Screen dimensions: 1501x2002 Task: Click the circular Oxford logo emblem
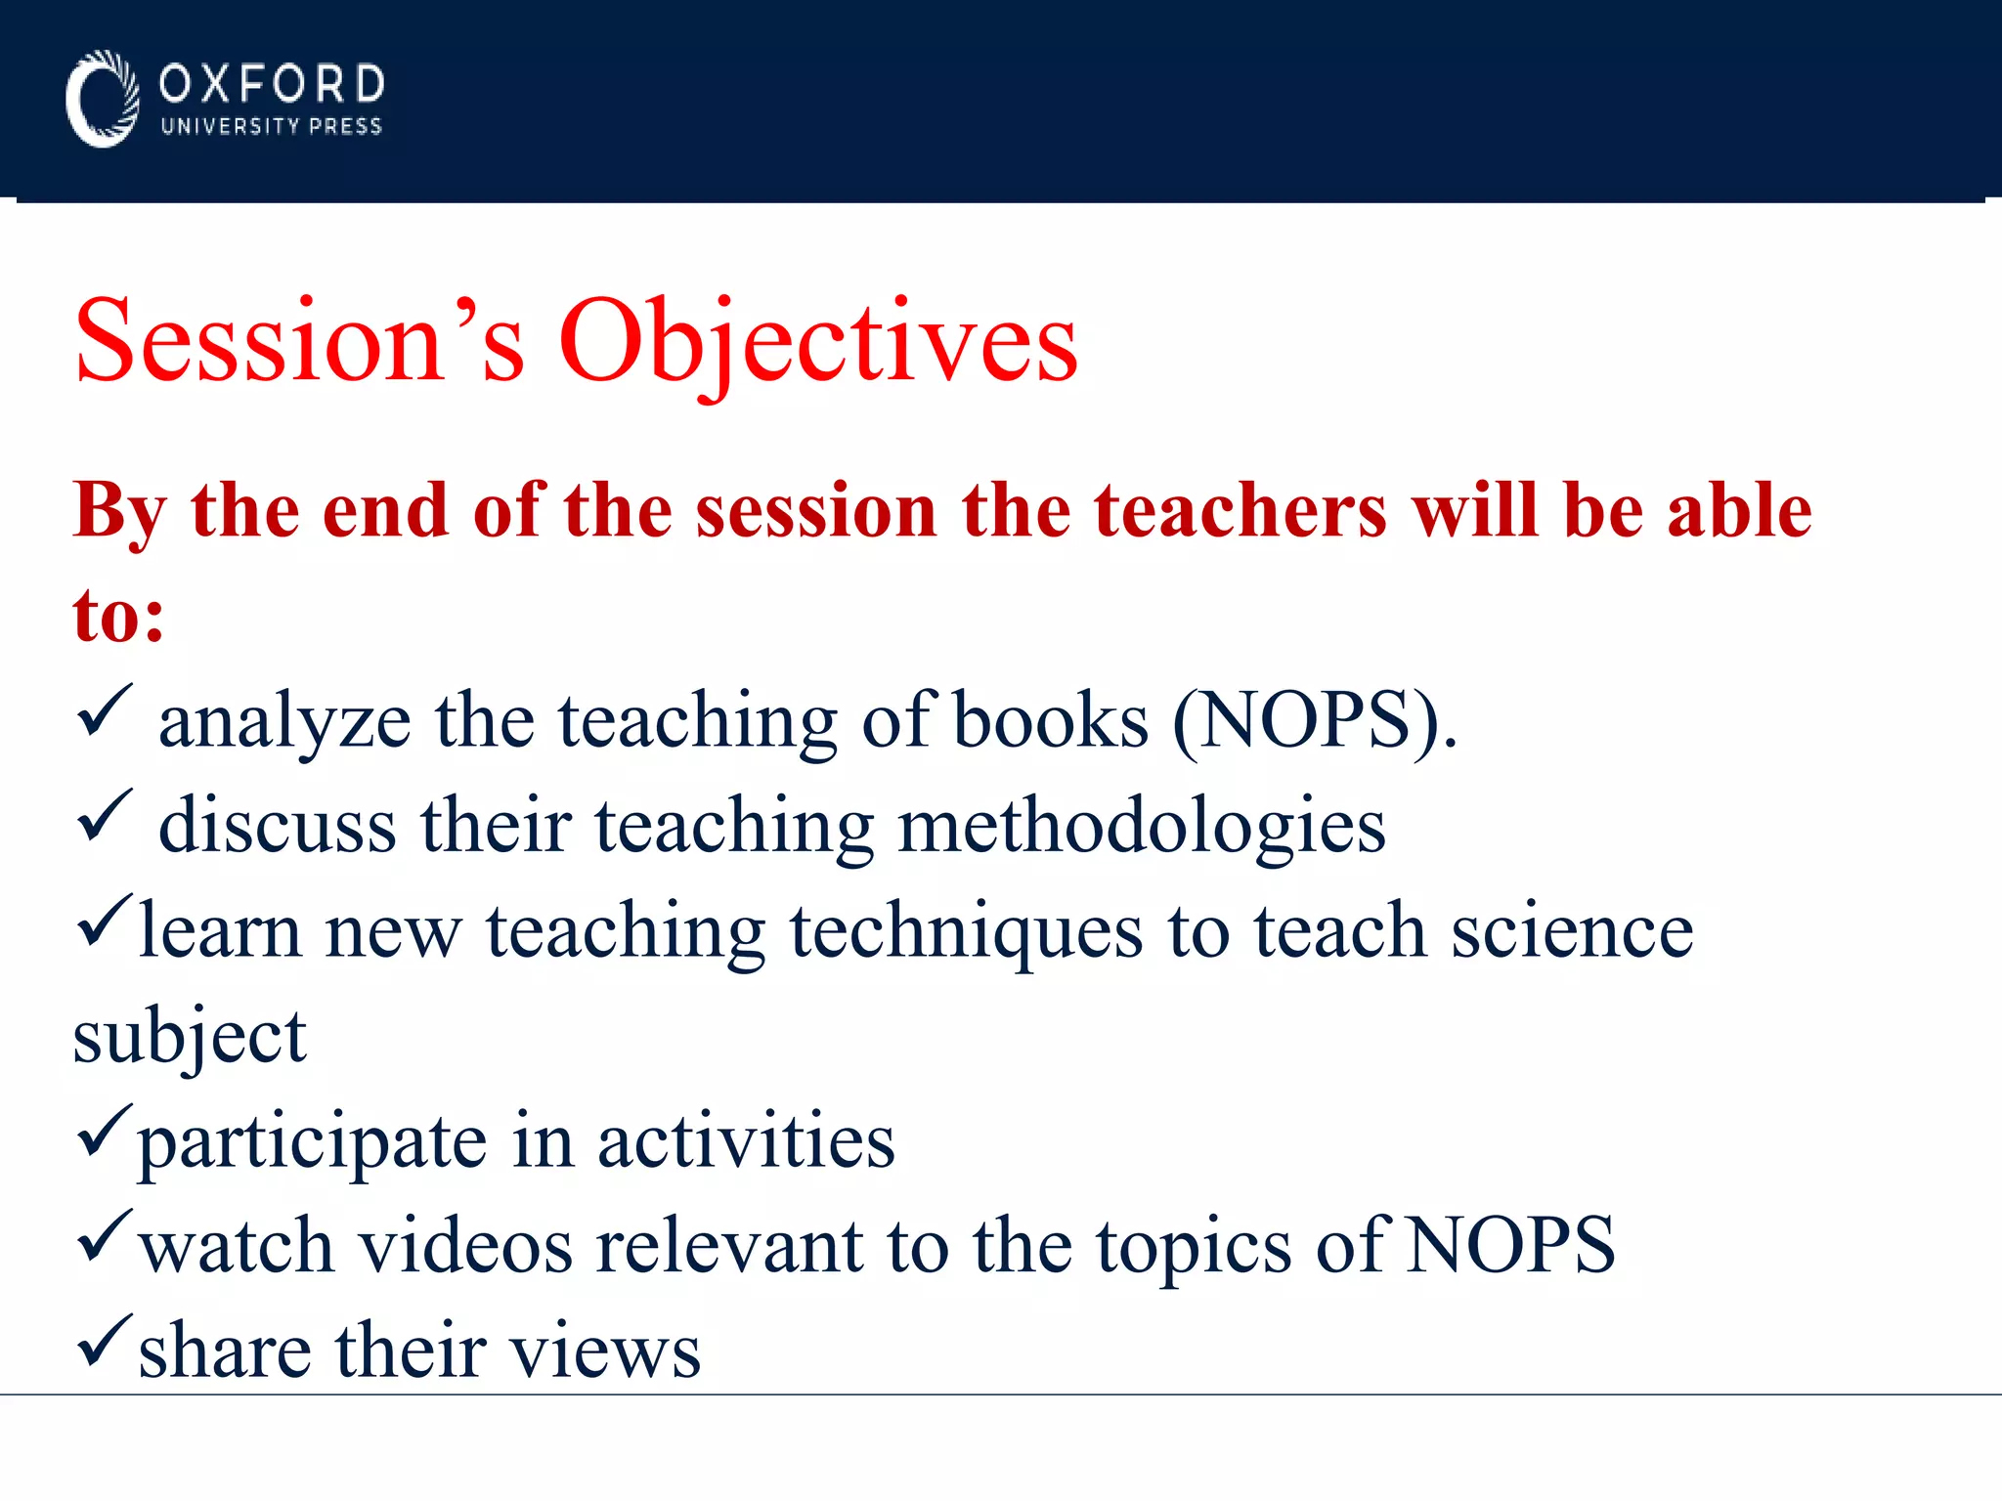tap(102, 99)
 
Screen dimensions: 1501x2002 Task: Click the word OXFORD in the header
tap(272, 84)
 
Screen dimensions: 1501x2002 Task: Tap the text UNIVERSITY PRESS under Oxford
tap(272, 127)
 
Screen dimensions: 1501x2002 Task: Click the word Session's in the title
tap(299, 342)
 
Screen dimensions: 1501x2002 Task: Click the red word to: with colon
tap(118, 616)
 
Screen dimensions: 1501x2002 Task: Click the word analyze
tap(284, 723)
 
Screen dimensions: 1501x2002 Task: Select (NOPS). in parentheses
tap(1314, 721)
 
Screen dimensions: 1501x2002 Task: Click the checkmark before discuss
tap(104, 816)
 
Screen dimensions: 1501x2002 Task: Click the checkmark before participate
tap(102, 1131)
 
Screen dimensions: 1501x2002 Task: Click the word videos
tap(465, 1247)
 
